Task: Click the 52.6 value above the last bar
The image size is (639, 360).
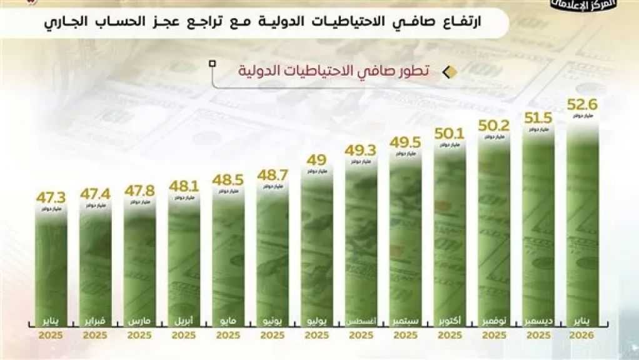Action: click(583, 104)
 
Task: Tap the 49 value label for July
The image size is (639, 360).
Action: click(316, 159)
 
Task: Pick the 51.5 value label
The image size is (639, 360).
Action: click(538, 117)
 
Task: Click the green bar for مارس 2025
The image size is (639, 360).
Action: click(139, 262)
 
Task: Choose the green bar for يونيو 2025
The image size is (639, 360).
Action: click(272, 256)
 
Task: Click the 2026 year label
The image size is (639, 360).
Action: click(582, 336)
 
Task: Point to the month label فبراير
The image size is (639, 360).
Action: click(95, 322)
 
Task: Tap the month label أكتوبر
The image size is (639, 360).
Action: click(450, 322)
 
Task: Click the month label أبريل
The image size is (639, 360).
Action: click(184, 322)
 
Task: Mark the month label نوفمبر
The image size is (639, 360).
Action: click(494, 322)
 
